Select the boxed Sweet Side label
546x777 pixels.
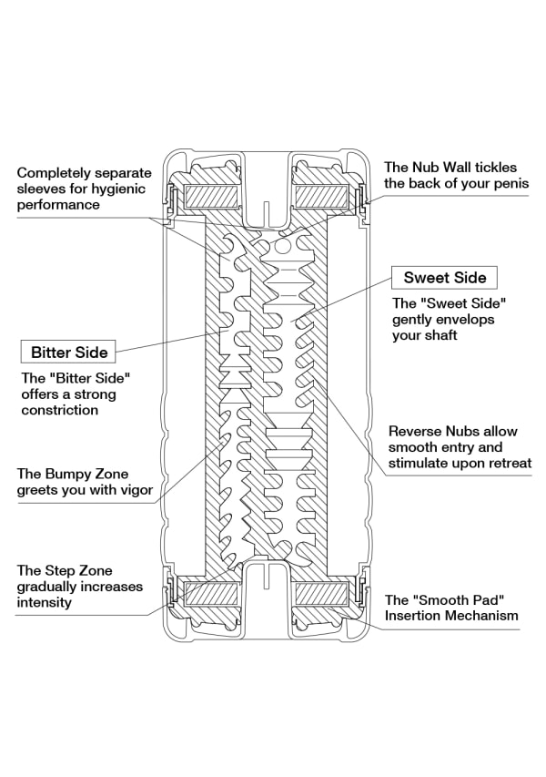(x=445, y=277)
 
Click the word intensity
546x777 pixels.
(x=45, y=602)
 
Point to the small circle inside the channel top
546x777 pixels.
(x=283, y=246)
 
